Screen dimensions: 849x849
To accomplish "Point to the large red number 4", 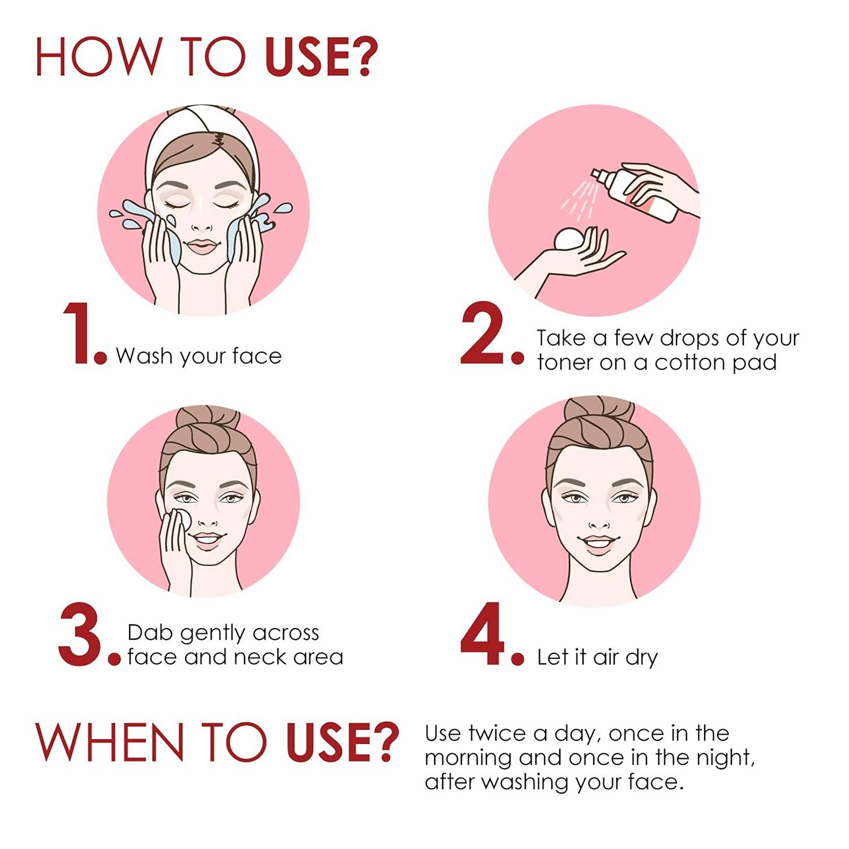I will pos(482,634).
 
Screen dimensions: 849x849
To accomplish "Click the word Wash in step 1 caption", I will pos(144,356).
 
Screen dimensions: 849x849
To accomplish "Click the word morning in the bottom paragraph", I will pos(468,758).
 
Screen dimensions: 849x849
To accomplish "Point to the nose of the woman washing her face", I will pos(201,224).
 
